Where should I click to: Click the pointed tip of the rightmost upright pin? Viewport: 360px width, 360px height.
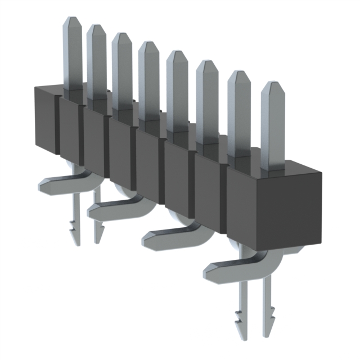(x=273, y=85)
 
